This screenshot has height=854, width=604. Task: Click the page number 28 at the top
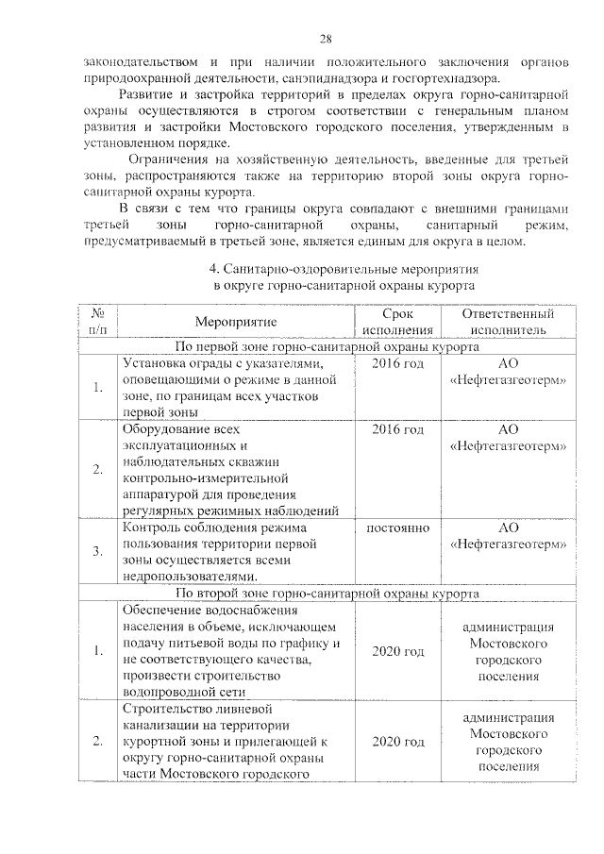[x=325, y=39]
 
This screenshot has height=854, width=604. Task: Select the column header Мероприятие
[x=235, y=323]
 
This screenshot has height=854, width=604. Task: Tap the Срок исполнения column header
[x=397, y=322]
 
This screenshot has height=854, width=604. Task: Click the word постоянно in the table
[x=397, y=528]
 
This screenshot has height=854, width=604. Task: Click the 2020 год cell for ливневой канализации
[x=397, y=742]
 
